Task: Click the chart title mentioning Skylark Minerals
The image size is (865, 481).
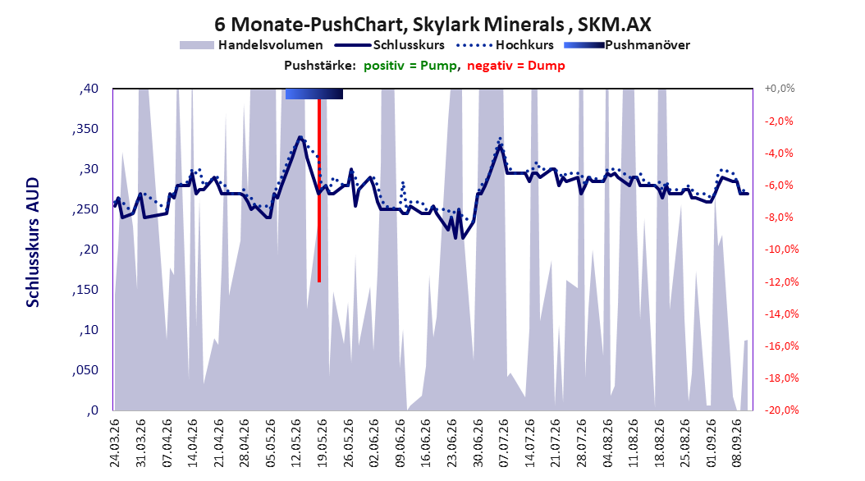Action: click(x=432, y=25)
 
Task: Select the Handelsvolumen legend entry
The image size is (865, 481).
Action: click(x=252, y=45)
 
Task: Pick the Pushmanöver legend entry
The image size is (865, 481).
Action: click(x=627, y=45)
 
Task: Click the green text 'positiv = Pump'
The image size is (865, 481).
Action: click(x=410, y=66)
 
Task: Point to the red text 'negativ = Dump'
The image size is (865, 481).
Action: click(x=516, y=66)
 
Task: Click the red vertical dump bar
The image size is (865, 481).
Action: click(x=319, y=190)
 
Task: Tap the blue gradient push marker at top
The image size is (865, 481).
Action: click(x=314, y=94)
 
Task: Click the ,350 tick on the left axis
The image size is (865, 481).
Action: click(x=85, y=129)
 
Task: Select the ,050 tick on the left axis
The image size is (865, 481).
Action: click(x=85, y=370)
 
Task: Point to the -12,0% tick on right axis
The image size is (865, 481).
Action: click(x=781, y=282)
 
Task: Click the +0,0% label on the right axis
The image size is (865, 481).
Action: click(x=780, y=89)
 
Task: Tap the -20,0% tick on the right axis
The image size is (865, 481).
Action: click(x=781, y=410)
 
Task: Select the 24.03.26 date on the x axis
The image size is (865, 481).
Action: click(x=115, y=443)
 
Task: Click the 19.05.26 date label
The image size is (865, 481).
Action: click(x=323, y=443)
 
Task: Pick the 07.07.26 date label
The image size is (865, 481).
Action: click(x=504, y=443)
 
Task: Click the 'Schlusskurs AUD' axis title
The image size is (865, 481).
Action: click(x=33, y=242)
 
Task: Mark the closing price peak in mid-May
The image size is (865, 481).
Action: click(x=300, y=137)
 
